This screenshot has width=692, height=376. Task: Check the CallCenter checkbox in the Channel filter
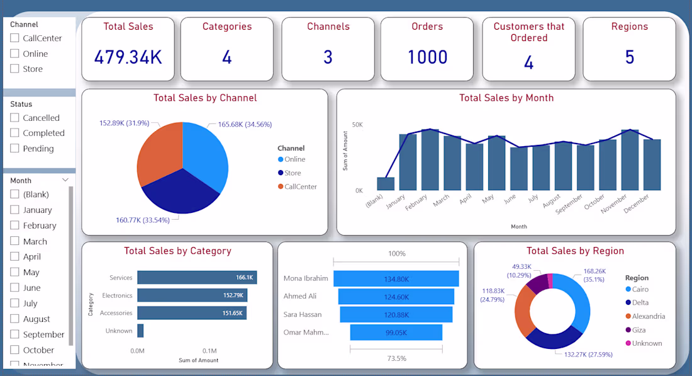pos(14,38)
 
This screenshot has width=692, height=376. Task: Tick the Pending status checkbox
pos(14,149)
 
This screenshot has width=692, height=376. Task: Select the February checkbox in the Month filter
pos(14,225)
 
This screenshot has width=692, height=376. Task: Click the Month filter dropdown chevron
pos(65,180)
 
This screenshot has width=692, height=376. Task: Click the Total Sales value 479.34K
pos(128,57)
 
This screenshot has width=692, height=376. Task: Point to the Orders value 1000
pos(427,57)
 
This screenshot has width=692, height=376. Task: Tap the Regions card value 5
pos(629,57)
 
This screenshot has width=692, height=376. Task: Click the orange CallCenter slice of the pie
pos(159,152)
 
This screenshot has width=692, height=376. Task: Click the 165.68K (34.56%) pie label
pos(245,125)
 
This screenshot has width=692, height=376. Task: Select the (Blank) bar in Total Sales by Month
pos(386,184)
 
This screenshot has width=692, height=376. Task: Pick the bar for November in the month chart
pos(630,160)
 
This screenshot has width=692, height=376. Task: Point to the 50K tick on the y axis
pos(357,125)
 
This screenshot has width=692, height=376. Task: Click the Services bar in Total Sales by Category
pos(197,278)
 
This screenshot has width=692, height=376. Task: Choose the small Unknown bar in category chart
pos(140,331)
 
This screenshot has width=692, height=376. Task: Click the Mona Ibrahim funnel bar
pos(396,279)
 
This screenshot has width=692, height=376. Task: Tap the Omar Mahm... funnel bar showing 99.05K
pos(396,333)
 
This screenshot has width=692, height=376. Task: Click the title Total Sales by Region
pos(575,251)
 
